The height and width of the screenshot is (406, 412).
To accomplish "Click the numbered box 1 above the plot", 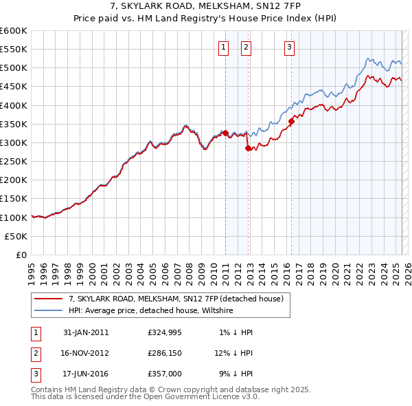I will (224, 47).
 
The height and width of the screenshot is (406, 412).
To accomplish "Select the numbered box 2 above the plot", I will (246, 47).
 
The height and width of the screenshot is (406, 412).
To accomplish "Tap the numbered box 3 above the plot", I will (290, 47).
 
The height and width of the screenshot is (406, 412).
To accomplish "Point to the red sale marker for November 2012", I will (248, 147).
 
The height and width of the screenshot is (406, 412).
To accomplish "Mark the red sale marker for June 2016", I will (291, 121).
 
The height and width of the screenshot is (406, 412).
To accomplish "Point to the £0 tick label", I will (21, 255).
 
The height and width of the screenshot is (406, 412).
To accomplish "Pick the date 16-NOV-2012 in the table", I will (86, 353).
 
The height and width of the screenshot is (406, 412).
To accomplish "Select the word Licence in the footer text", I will (220, 397).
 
